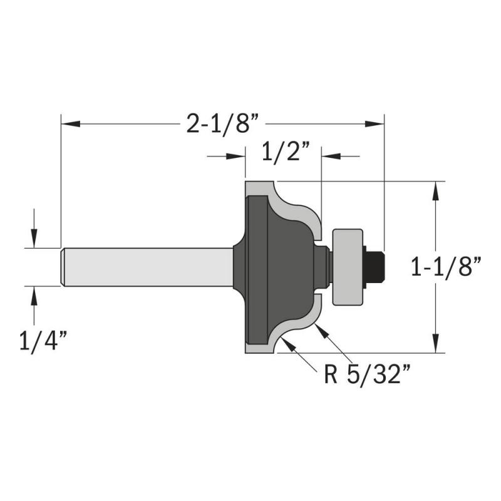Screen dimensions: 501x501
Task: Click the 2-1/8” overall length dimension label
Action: (222, 123)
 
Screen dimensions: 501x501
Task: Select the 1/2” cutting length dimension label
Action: (286, 152)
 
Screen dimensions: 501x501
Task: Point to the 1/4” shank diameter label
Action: (43, 341)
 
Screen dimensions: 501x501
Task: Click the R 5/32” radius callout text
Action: (367, 374)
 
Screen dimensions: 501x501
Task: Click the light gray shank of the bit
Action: (147, 267)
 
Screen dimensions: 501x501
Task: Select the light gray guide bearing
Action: (348, 267)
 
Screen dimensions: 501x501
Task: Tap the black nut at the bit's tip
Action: (374, 267)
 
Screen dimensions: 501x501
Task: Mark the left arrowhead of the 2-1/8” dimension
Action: (70, 123)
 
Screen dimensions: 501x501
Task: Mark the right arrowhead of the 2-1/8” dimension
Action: (374, 123)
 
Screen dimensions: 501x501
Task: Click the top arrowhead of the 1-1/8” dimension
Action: (435, 191)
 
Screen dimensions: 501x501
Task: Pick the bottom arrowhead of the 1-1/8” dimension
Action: (435, 343)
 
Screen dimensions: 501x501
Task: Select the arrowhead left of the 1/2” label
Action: (236, 157)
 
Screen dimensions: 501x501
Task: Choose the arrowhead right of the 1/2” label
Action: (331, 157)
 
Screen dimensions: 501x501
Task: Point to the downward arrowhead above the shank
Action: (34, 239)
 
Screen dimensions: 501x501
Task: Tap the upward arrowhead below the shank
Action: (34, 296)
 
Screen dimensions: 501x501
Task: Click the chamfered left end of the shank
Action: (63, 267)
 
